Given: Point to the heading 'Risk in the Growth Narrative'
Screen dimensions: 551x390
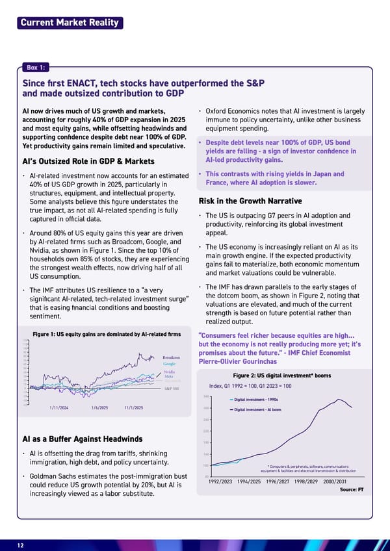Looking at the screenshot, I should [x=250, y=201].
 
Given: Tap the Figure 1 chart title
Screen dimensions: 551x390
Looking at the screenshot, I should [x=106, y=334].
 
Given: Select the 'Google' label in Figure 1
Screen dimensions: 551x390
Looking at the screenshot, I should [x=170, y=364].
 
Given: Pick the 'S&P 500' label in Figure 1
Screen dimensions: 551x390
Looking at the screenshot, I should [x=172, y=388].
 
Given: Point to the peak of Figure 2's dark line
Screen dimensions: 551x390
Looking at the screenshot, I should [x=338, y=399].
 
